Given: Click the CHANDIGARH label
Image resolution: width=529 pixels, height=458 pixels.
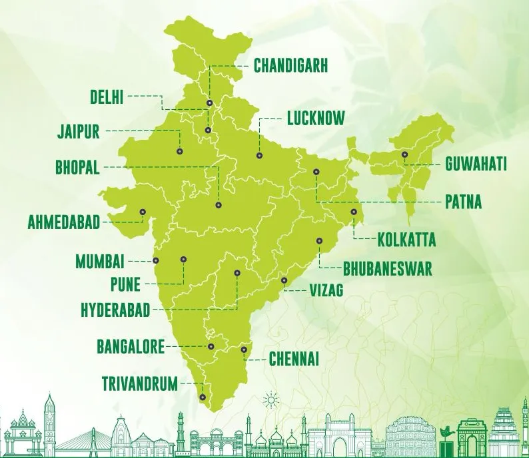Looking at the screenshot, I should pyautogui.click(x=290, y=66).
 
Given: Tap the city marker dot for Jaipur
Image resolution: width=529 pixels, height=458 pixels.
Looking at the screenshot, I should pyautogui.click(x=179, y=151).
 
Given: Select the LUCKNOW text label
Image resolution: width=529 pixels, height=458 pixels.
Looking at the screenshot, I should pyautogui.click(x=315, y=119).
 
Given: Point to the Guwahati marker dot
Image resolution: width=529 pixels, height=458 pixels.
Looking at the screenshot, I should pyautogui.click(x=404, y=154).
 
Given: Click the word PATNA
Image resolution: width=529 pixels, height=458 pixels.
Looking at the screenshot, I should pyautogui.click(x=463, y=202).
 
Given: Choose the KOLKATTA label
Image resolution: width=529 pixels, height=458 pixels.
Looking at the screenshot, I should pyautogui.click(x=406, y=240).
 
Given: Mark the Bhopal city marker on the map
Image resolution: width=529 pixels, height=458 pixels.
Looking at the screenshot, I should pyautogui.click(x=218, y=205).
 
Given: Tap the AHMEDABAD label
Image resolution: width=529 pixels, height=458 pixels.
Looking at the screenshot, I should pyautogui.click(x=63, y=222).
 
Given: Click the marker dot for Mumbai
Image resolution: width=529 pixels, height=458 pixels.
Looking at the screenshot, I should pyautogui.click(x=157, y=260).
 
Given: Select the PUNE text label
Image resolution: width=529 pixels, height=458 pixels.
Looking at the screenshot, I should pyautogui.click(x=125, y=285).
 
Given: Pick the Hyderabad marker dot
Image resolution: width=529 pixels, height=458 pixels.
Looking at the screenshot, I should pyautogui.click(x=237, y=273).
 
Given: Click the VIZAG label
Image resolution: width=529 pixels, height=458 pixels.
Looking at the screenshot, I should pyautogui.click(x=326, y=290).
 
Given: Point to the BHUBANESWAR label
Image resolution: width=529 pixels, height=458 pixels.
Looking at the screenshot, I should pyautogui.click(x=388, y=269).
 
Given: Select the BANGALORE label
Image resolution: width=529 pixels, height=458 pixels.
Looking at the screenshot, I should pyautogui.click(x=130, y=347).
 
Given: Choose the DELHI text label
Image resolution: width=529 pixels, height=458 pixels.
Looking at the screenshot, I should pyautogui.click(x=107, y=97).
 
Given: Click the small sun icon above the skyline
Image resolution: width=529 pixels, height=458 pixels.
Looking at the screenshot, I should pyautogui.click(x=269, y=400).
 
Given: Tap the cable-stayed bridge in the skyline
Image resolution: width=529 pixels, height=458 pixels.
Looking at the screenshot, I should pyautogui.click(x=83, y=436).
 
